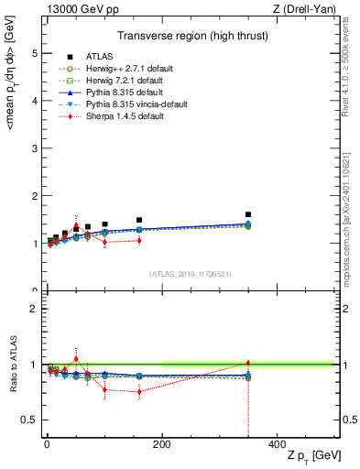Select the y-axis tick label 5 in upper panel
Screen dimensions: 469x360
coord(35,53)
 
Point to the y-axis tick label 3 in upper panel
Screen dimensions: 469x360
coord(35,148)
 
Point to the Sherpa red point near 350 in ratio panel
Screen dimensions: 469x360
coord(248,363)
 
